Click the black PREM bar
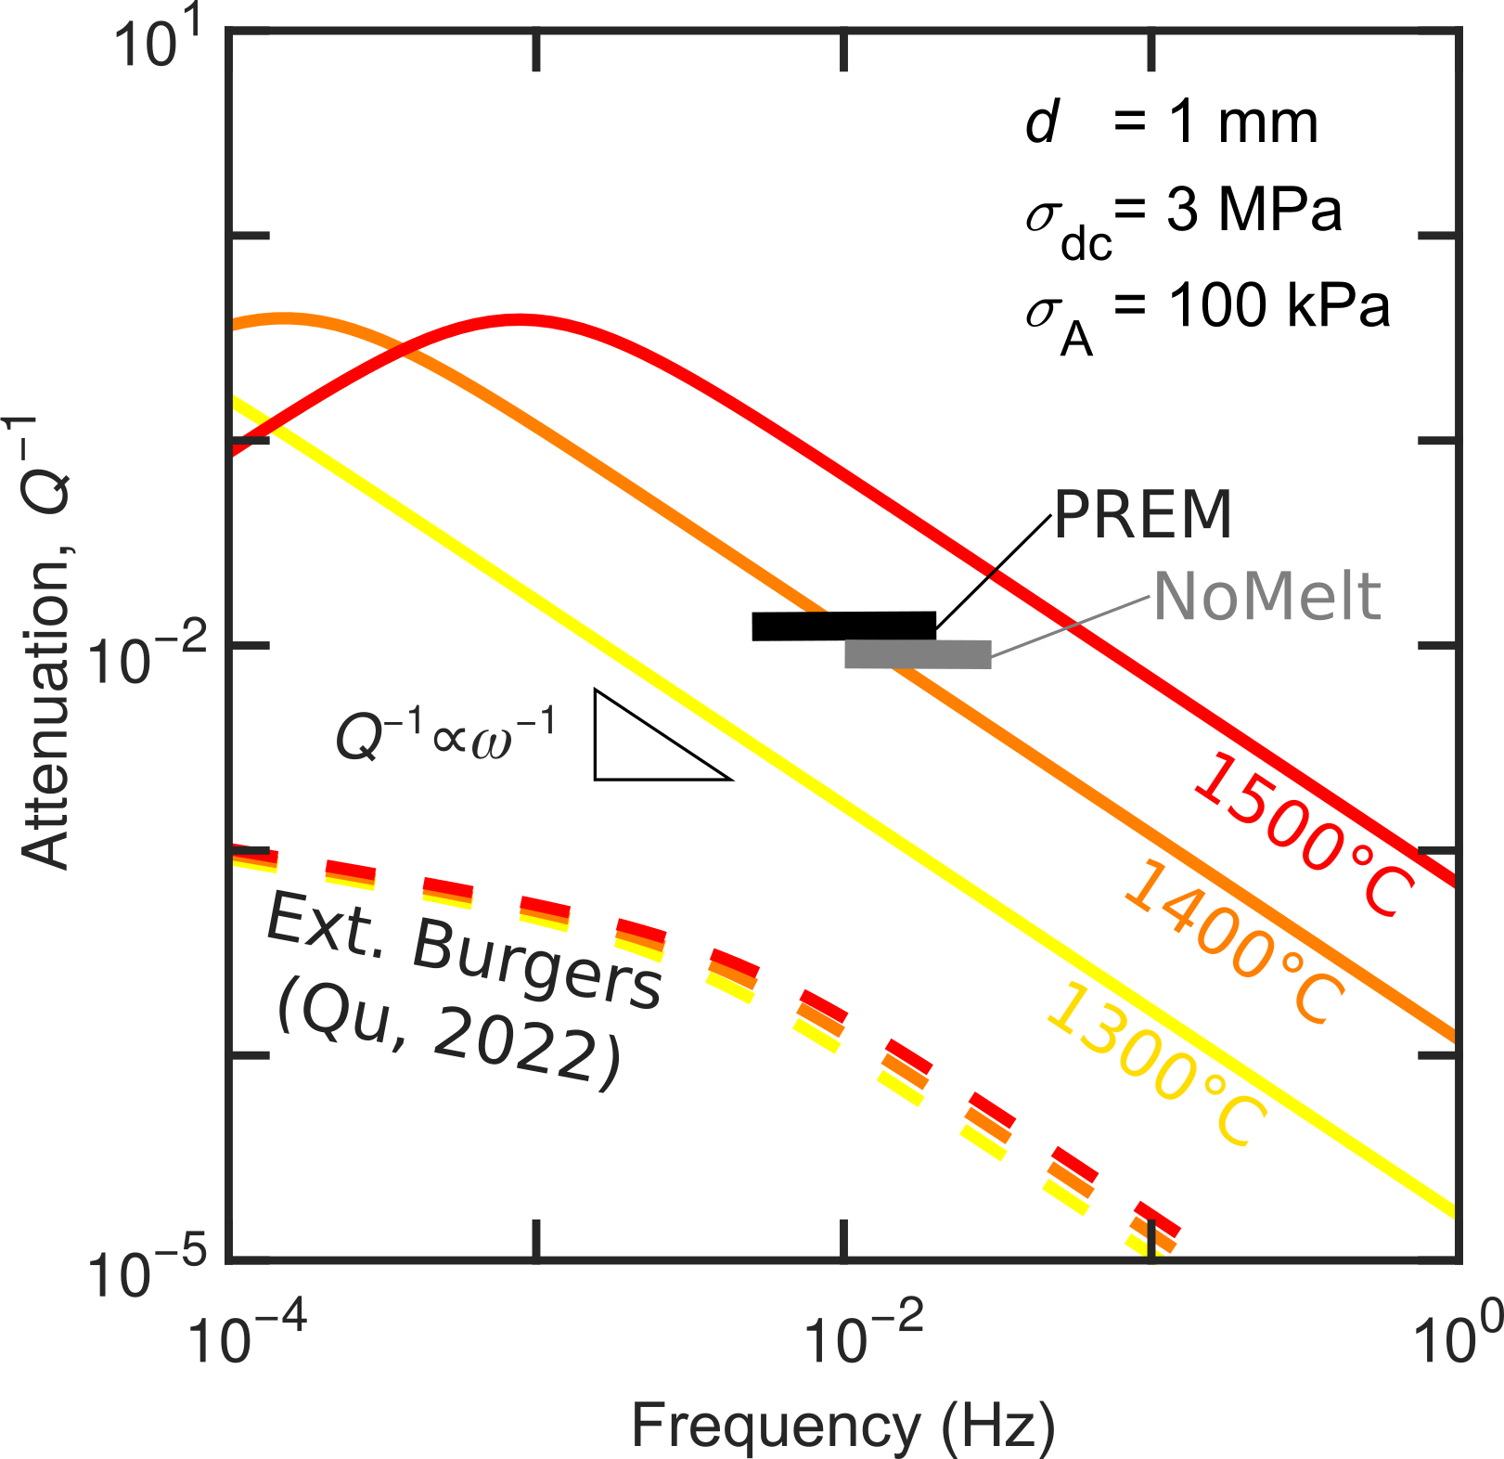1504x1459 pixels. click(843, 626)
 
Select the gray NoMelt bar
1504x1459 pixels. click(917, 653)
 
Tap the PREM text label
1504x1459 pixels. click(1142, 514)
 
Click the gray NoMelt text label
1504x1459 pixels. click(1267, 596)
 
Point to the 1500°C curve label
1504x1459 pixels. click(1304, 836)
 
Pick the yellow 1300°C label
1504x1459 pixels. click(1156, 1065)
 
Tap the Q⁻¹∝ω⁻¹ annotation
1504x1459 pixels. click(445, 735)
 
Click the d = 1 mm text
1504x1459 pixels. click(1171, 123)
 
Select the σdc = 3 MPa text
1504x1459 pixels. click(1183, 220)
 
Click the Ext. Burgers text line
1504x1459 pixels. click(464, 949)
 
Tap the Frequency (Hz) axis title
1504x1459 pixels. click(842, 1425)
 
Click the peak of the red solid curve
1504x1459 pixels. click(520, 319)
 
